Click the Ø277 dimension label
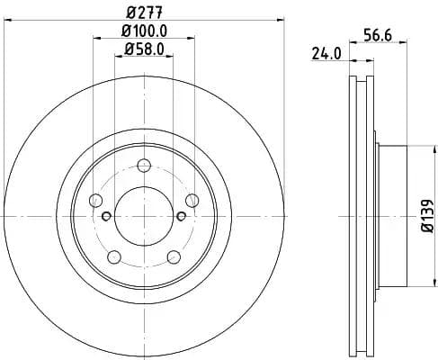143,13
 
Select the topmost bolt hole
143,164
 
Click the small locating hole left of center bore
106,216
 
